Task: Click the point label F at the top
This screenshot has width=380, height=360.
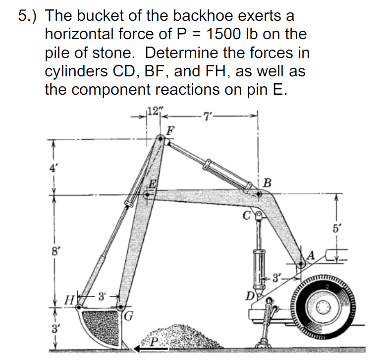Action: [170, 131]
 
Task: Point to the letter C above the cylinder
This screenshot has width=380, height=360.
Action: [246, 215]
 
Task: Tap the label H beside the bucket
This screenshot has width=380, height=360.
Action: [72, 300]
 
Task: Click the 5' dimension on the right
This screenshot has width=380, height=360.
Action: [337, 230]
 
